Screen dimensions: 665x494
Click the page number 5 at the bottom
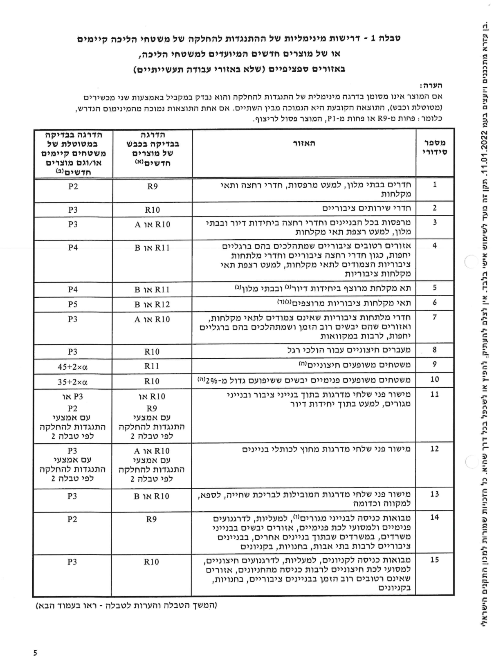35,653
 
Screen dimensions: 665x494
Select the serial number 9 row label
434,364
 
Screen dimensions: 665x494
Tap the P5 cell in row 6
73,304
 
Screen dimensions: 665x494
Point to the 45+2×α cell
73,367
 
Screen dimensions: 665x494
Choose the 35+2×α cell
73,382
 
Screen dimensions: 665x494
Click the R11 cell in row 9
152,366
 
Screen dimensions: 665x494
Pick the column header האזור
304,143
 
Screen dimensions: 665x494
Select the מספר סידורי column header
435,147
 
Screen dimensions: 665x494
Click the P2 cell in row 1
73,186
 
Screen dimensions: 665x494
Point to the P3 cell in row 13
72,496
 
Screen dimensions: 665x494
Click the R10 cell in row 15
152,562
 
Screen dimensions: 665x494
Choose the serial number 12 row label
434,449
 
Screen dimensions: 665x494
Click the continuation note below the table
126,605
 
